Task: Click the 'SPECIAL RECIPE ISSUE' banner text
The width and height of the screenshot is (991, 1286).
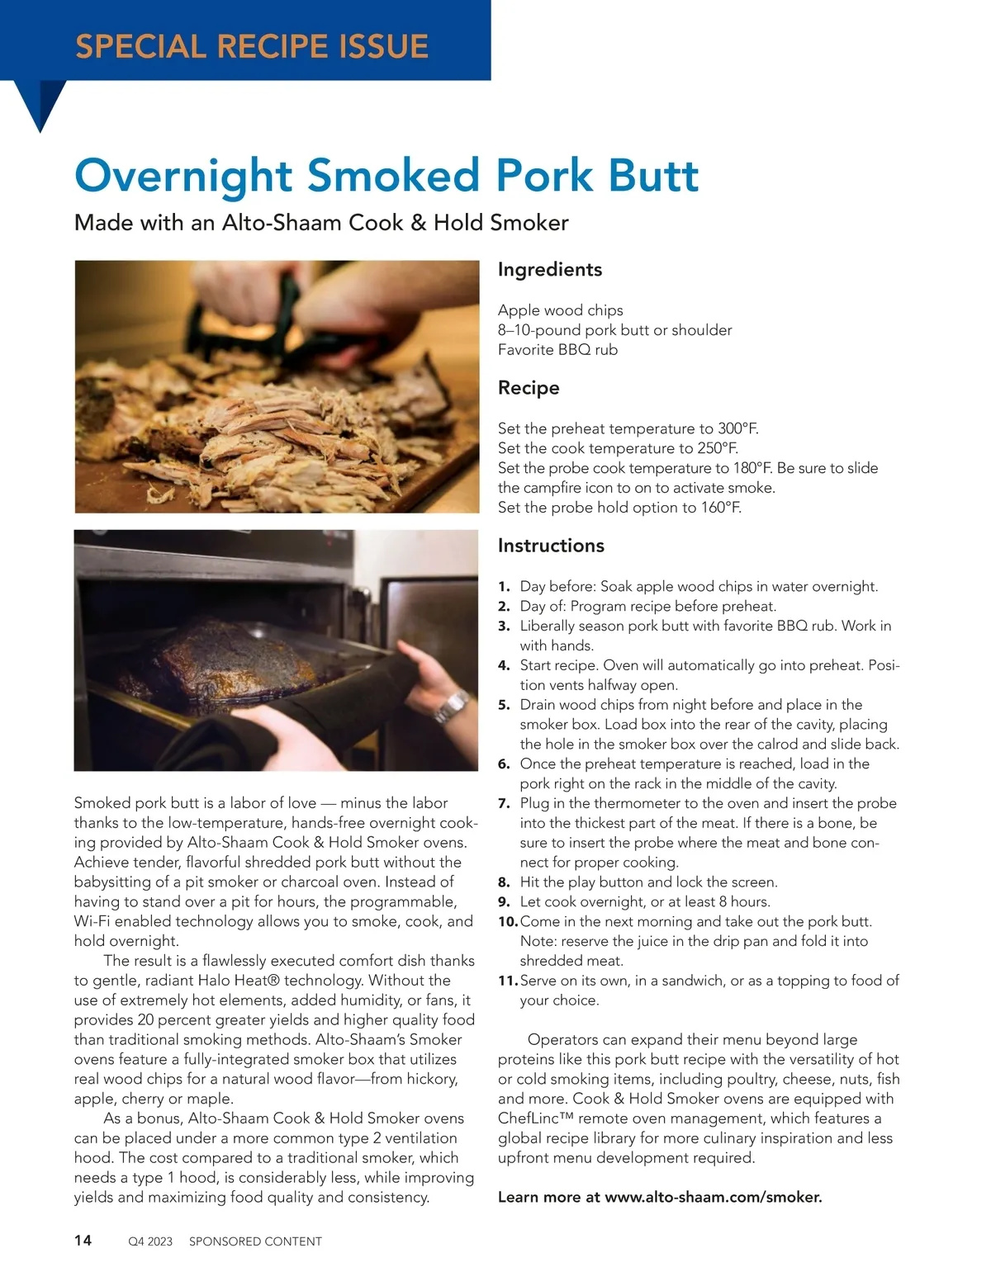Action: [x=252, y=45]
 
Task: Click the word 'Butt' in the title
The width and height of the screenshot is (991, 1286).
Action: [x=653, y=175]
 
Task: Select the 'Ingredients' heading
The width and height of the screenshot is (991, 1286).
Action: [x=550, y=270]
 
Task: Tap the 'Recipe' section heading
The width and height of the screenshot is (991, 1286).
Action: [x=529, y=388]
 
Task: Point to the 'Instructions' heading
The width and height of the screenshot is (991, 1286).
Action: [x=551, y=546]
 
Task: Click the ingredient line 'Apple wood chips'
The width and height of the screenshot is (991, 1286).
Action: [x=561, y=310]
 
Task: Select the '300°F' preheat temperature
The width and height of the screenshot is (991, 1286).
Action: [x=737, y=428]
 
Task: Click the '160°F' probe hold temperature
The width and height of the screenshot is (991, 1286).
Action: [x=721, y=508]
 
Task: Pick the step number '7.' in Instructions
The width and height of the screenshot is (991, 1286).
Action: [x=504, y=803]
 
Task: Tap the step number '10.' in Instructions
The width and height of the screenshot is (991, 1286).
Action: [x=507, y=921]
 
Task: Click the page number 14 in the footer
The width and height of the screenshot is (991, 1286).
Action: [x=83, y=1240]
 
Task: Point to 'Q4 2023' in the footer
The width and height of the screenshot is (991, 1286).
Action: [x=150, y=1241]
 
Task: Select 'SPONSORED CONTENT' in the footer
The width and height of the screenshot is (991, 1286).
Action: [x=255, y=1241]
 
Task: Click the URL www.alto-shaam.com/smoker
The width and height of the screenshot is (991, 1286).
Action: [x=714, y=1197]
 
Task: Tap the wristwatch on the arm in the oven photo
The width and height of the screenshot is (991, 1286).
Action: [x=451, y=707]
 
